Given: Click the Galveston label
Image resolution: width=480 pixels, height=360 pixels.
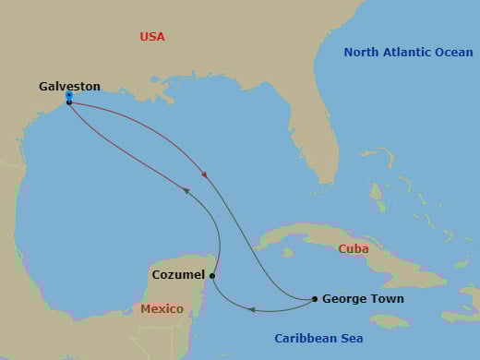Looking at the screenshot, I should (x=69, y=86).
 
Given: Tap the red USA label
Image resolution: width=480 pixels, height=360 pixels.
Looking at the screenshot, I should (x=152, y=37).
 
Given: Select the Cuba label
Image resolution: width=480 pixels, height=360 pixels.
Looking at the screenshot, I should (x=354, y=249).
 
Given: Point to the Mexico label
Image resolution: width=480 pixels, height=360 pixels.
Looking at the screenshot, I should (x=162, y=309).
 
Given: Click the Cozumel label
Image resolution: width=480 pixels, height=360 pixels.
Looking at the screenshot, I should (x=178, y=275).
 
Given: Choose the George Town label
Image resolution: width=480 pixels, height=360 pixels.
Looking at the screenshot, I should (x=363, y=299).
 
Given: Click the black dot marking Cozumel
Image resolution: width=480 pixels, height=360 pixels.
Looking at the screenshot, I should (x=212, y=275).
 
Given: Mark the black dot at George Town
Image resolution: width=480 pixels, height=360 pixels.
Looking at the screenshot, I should (x=315, y=299).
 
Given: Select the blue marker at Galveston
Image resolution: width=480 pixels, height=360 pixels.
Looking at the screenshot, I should (x=69, y=95).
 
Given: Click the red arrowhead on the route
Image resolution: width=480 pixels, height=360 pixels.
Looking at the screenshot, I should (x=204, y=174).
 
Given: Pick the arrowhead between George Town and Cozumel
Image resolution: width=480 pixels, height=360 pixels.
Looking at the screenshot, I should (x=253, y=310).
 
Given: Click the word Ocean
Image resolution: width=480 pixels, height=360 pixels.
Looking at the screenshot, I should (x=454, y=53).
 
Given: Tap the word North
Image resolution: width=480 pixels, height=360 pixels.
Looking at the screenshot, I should (x=364, y=53).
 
